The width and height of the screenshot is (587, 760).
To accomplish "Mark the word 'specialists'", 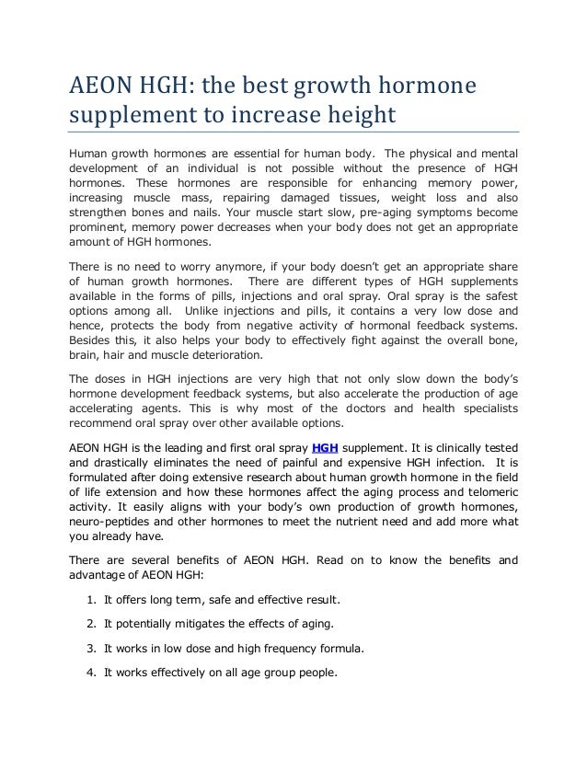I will [x=485, y=409].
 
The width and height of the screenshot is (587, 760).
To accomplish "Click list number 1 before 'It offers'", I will [x=92, y=601].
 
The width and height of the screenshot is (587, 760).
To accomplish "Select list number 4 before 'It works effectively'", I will [x=92, y=672].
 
